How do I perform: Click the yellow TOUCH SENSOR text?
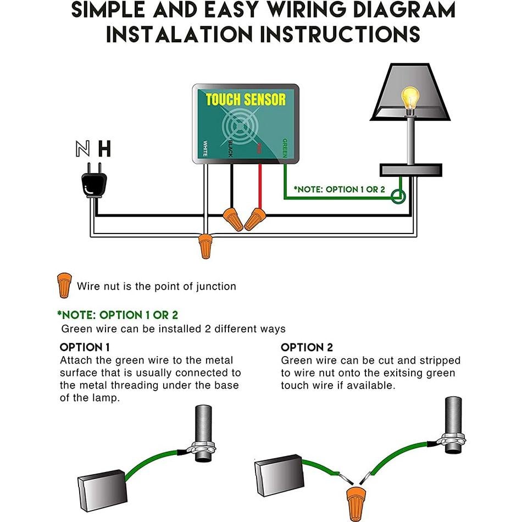[x=246, y=100]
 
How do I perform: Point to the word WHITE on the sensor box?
[x=204, y=147]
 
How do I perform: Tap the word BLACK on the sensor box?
[x=231, y=148]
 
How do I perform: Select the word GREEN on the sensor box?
[x=285, y=148]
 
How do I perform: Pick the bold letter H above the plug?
[x=104, y=148]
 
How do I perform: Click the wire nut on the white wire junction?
[x=206, y=245]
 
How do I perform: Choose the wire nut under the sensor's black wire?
[x=232, y=218]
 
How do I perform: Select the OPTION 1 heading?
[x=85, y=347]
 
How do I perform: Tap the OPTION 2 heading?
[x=307, y=347]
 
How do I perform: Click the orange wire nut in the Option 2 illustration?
[x=352, y=501]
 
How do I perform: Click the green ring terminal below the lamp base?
[x=402, y=196]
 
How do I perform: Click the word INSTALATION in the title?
[x=179, y=34]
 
